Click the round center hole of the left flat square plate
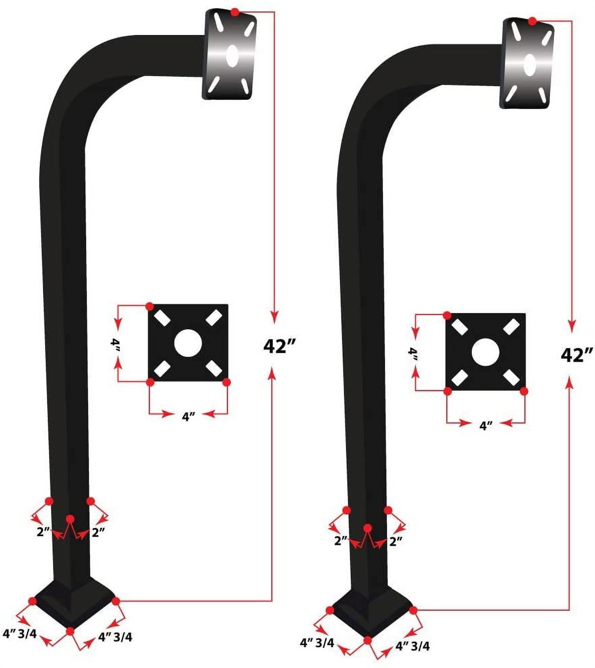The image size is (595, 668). click(188, 343)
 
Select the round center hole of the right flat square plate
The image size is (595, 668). click(485, 353)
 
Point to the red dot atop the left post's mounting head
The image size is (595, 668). click(235, 12)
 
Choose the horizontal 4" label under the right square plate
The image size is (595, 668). click(486, 426)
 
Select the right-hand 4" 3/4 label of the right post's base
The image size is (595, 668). click(413, 646)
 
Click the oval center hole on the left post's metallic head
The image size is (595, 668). click(232, 55)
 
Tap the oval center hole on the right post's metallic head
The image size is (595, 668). click(529, 64)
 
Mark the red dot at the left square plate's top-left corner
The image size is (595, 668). click(150, 306)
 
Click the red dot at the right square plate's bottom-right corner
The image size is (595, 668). click(524, 391)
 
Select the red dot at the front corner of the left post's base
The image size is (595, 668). click(70, 631)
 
